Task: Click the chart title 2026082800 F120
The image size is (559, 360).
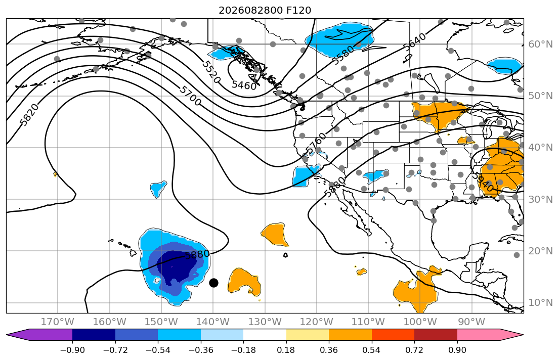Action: pos(265,10)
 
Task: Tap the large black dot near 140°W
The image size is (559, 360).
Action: pos(213,283)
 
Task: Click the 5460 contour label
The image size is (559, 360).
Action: pos(244,85)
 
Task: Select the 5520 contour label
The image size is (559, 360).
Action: pos(211,72)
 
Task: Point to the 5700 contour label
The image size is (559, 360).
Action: pos(190,96)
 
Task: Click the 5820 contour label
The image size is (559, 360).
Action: pos(29,115)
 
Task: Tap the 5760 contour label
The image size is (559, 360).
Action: pos(316,144)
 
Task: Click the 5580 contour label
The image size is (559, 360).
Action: pos(343,55)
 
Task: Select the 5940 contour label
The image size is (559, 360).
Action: pos(483,182)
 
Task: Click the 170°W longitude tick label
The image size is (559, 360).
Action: pos(58,322)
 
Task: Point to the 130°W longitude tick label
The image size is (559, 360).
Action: pos(265,322)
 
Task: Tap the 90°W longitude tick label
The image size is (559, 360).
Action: pos(471,322)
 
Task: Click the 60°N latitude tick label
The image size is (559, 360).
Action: pos(540,44)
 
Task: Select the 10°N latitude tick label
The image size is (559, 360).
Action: pos(540,303)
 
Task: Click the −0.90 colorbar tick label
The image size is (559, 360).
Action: pos(72,350)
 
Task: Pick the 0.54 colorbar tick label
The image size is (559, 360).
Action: pos(371,350)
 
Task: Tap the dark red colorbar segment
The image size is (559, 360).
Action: pos(436,335)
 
